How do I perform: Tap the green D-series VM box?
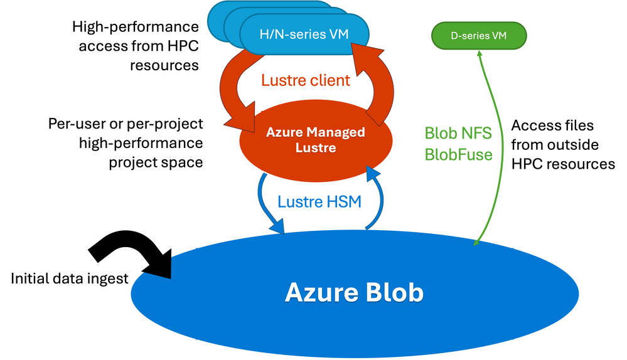tap(479, 36)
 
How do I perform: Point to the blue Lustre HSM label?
tap(319, 202)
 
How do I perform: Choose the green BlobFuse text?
tap(459, 154)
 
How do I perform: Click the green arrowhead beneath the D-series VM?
tap(480, 55)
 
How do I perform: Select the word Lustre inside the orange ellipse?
tap(315, 149)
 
